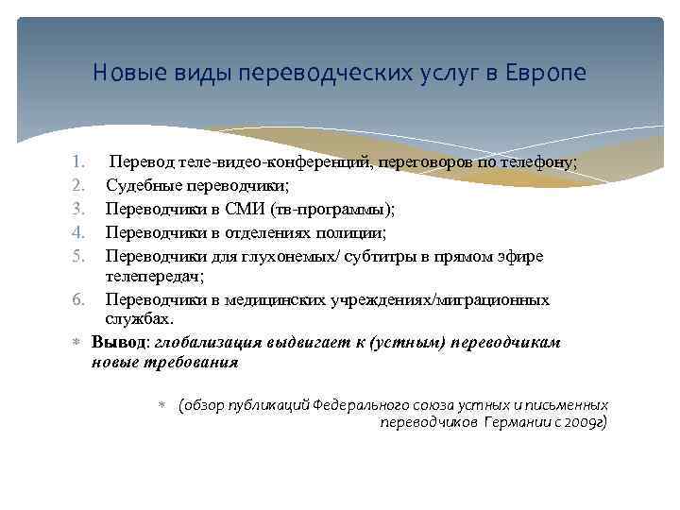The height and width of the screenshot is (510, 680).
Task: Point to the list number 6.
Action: tap(81, 299)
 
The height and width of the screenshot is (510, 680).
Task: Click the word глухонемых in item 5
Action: tap(271, 256)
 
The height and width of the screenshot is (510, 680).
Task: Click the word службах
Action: tap(138, 319)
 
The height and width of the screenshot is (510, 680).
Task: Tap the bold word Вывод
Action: tap(118, 342)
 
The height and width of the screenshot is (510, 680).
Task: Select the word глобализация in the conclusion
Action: tap(203, 342)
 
